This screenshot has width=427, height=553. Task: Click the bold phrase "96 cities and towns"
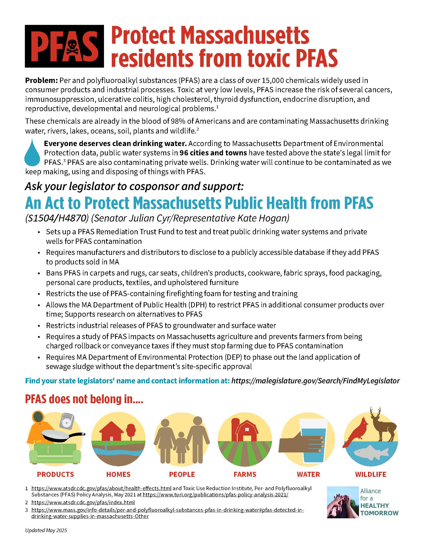click(x=213, y=153)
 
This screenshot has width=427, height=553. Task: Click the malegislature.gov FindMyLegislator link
click(x=315, y=381)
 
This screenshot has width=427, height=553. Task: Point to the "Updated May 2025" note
click(x=46, y=530)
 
